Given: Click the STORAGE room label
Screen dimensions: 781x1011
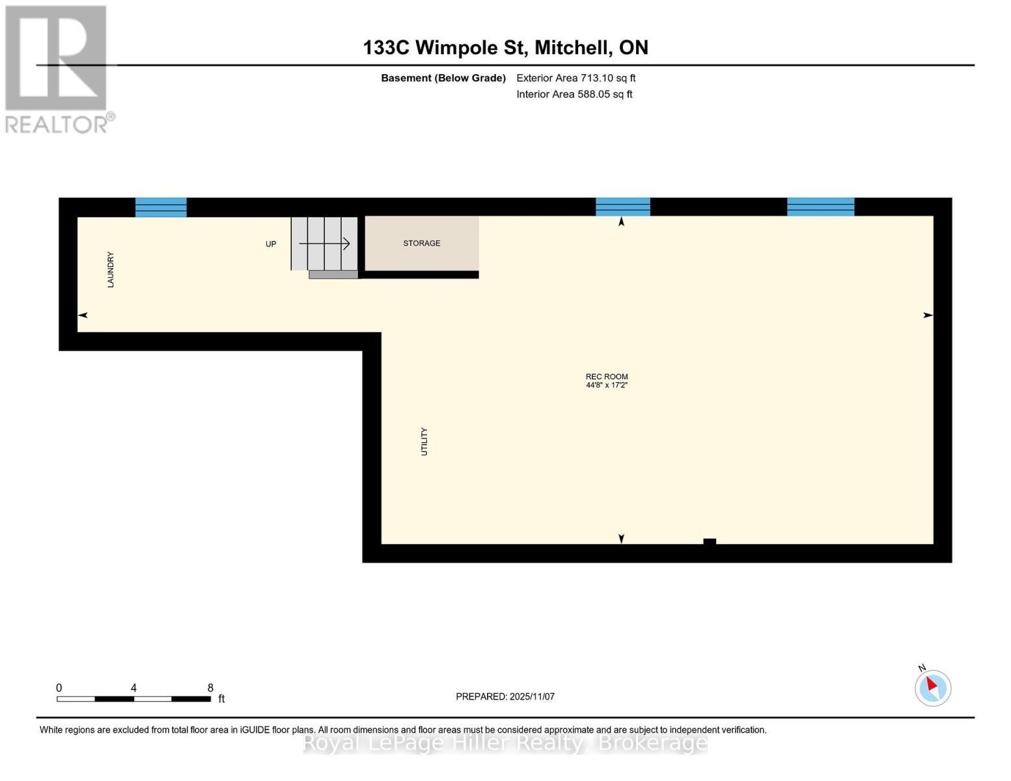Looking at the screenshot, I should tap(421, 243).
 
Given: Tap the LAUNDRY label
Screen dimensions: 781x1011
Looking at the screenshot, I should tap(111, 269).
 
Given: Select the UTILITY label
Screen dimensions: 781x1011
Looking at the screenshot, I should tap(424, 441).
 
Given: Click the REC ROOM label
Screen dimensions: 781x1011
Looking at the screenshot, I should tap(607, 376).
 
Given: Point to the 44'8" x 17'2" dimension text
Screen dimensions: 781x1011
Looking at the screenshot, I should tap(607, 385).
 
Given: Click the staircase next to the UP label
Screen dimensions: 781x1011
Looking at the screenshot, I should tap(324, 243).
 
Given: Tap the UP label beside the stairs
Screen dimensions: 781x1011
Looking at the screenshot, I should tap(271, 244).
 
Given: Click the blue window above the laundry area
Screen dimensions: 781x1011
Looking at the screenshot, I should tap(161, 207).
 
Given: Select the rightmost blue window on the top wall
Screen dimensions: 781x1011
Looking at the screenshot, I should tap(820, 206).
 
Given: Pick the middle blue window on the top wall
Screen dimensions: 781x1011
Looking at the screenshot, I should tap(623, 206).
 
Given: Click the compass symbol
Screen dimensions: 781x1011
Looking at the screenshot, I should tap(932, 687).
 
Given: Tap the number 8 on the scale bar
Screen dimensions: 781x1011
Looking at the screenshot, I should tap(210, 688).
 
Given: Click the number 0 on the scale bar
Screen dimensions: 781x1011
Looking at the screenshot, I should tap(59, 688).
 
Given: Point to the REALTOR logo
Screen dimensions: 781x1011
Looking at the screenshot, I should tap(57, 69).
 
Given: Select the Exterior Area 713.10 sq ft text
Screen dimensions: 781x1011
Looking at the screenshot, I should tap(575, 78).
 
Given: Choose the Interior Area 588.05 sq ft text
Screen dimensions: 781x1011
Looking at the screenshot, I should tap(574, 94).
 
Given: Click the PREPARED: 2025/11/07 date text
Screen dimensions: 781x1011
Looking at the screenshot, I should tap(505, 696).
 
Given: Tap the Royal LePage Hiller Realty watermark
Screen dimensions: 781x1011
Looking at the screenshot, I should tap(505, 743).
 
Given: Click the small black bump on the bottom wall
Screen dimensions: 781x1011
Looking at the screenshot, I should tap(710, 541).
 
